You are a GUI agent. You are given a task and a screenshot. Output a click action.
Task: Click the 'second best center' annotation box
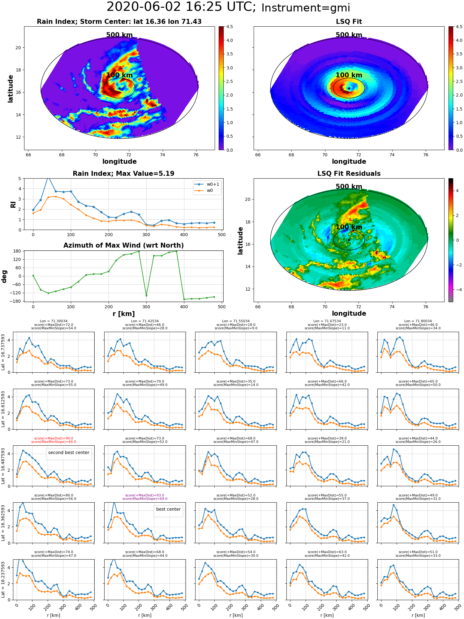(69, 454)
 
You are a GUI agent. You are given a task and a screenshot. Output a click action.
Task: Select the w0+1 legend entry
(207, 184)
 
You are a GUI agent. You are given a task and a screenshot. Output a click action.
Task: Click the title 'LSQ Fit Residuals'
(349, 174)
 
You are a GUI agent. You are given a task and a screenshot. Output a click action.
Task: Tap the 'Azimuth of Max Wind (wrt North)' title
(123, 245)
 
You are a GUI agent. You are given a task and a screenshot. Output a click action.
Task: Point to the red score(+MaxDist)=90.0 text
(54, 438)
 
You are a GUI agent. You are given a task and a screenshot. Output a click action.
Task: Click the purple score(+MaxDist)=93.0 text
(145, 495)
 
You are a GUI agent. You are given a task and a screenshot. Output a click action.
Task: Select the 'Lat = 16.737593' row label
(3, 352)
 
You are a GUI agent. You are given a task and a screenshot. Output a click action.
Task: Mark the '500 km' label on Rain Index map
(119, 35)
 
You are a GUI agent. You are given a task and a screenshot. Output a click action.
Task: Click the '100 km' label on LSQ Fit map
(349, 75)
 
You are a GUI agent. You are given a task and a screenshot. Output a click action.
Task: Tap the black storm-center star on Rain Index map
(119, 89)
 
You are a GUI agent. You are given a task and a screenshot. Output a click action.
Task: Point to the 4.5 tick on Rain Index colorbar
(230, 27)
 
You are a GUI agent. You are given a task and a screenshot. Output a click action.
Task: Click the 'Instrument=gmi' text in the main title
(306, 8)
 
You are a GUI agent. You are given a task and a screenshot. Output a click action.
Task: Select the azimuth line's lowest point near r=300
(146, 296)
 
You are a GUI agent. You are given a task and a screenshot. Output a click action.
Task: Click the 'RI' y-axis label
(13, 204)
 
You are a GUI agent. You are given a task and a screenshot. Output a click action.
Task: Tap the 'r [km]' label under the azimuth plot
(124, 314)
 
